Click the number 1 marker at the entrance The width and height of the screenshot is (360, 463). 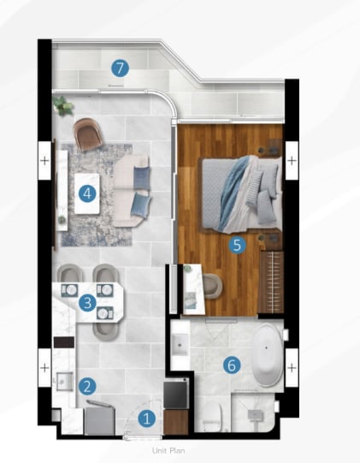click(147, 418)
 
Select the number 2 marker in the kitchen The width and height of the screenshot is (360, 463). click(87, 386)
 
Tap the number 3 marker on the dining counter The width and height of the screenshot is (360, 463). click(87, 303)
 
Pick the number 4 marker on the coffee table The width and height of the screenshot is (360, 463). click(87, 193)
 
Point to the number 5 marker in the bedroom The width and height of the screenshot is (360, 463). click(237, 245)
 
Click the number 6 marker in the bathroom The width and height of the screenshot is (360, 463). click(232, 365)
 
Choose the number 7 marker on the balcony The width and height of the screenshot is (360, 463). click(120, 68)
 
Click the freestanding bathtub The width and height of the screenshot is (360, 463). click(268, 355)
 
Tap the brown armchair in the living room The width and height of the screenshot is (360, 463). click(88, 134)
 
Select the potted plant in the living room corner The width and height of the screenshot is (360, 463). click(62, 105)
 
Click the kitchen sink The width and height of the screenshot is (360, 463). click(65, 381)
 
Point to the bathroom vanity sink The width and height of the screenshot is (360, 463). click(180, 344)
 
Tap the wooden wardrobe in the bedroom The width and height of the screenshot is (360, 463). click(271, 282)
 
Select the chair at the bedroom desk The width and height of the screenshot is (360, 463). click(213, 286)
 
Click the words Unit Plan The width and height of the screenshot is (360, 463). click(168, 451)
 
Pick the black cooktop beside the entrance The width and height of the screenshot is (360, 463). click(176, 394)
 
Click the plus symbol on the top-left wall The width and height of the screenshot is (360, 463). click(44, 161)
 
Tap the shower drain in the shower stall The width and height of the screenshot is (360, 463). click(253, 415)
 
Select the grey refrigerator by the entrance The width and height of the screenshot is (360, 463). click(99, 420)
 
